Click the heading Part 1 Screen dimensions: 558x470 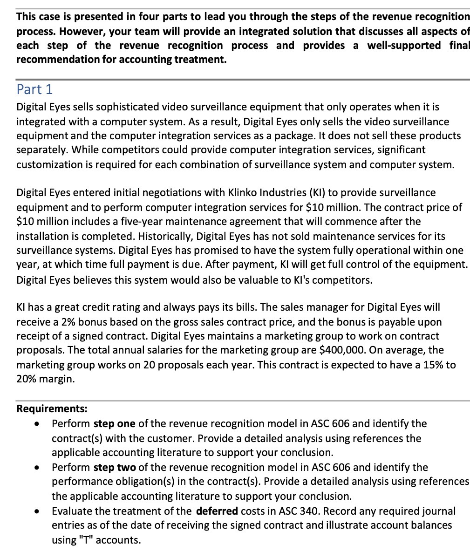pyautogui.click(x=35, y=89)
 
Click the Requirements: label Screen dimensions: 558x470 pyautogui.click(x=52, y=409)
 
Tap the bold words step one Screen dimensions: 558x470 pyautogui.click(x=115, y=424)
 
